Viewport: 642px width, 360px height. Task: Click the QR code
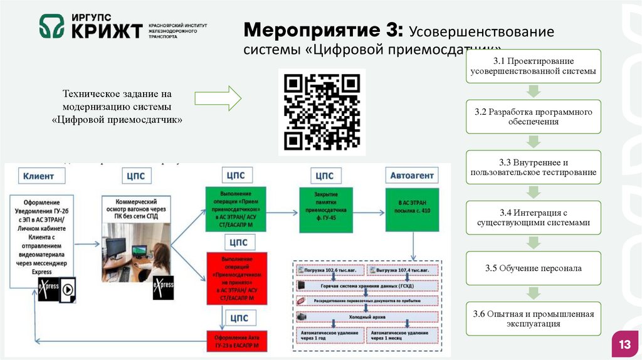coord(322,112)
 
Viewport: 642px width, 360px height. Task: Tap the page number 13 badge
coord(624,345)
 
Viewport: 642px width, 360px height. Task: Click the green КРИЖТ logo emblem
coord(52,26)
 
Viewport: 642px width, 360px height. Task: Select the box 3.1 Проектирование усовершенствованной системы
coord(534,66)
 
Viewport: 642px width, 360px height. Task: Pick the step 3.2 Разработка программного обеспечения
coord(534,116)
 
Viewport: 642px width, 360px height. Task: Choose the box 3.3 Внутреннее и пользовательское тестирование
coord(534,167)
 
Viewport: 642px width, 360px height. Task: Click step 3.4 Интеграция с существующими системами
coord(534,218)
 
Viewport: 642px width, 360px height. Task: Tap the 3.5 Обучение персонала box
coord(534,268)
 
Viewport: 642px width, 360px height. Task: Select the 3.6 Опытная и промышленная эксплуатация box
coord(534,319)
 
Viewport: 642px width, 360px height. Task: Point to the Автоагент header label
coord(412,176)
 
